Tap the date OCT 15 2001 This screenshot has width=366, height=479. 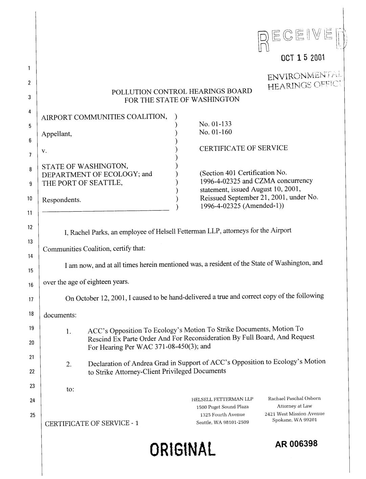[303, 58]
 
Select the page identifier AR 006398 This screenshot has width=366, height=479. [297, 444]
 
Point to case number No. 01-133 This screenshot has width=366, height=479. [215, 124]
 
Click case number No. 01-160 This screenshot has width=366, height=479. [215, 132]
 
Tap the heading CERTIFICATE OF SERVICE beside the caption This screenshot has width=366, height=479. [243, 148]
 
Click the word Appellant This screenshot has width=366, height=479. [57, 134]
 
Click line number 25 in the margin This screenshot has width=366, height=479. [33, 415]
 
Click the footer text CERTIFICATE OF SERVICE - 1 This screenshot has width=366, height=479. [92, 423]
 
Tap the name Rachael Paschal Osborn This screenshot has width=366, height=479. [294, 399]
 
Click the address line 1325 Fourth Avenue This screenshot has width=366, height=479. [222, 414]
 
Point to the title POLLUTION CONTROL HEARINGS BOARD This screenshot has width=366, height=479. [182, 91]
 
